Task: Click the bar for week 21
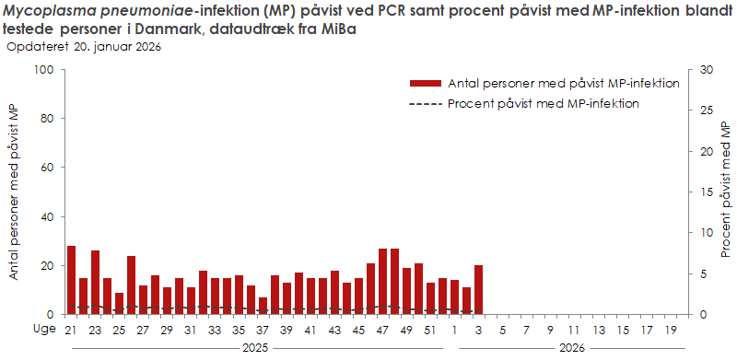coord(71,280)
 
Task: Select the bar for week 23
coord(95,282)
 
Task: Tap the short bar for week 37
coord(263,306)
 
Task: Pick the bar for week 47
coord(382,281)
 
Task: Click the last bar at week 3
coord(478,289)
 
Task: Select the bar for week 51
coord(430,298)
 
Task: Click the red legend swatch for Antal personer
coord(425,83)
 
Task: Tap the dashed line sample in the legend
coord(425,103)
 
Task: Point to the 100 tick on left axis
coord(43,70)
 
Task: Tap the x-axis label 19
coord(670,330)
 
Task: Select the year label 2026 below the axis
coord(572,348)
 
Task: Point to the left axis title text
coord(15,192)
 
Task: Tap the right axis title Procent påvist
coord(726,192)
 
